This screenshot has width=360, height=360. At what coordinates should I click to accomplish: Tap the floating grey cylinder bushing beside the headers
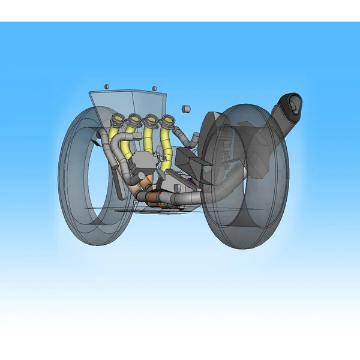[x=186, y=109]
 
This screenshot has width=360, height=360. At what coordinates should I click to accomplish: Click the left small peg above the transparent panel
[x=107, y=87]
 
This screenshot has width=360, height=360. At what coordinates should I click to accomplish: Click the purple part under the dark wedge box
[x=191, y=179]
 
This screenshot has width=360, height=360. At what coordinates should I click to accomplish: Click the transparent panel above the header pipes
[x=129, y=102]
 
